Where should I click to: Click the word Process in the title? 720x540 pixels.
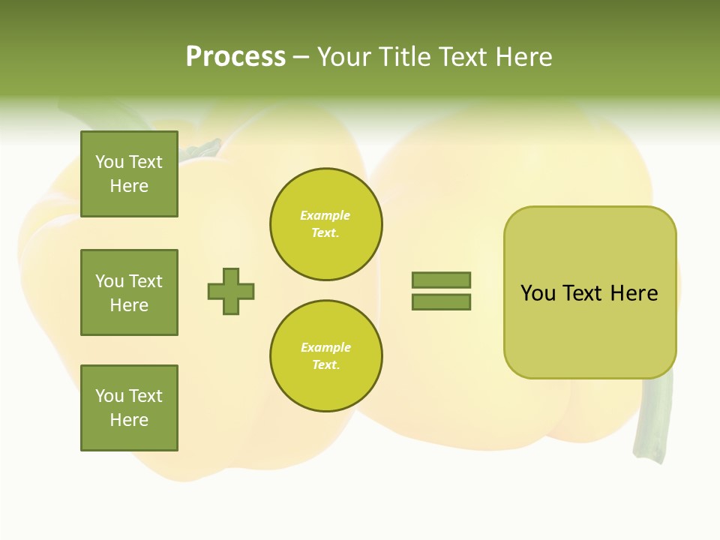click(x=235, y=57)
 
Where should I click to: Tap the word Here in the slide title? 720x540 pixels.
click(x=523, y=57)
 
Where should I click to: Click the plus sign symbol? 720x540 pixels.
click(x=231, y=291)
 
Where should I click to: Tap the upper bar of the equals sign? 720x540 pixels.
click(x=441, y=280)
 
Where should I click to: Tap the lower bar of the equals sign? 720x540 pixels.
click(x=441, y=302)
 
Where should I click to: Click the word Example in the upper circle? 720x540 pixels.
click(x=325, y=215)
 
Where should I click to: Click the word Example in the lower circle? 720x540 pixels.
click(x=325, y=347)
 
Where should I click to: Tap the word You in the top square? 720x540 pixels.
click(x=109, y=162)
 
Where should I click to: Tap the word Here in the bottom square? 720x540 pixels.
click(x=129, y=420)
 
